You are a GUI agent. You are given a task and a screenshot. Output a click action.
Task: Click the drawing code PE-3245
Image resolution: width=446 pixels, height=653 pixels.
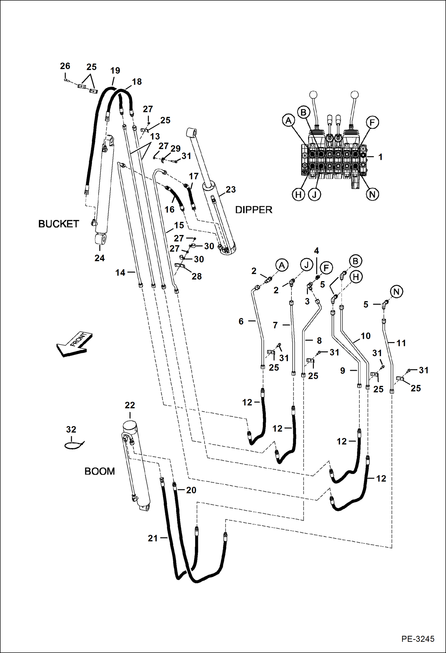pyautogui.click(x=417, y=639)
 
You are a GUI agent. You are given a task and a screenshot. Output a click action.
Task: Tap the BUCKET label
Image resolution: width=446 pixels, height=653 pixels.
pyautogui.click(x=59, y=224)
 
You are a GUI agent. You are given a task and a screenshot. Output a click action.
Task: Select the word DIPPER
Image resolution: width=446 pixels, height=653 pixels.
pyautogui.click(x=254, y=210)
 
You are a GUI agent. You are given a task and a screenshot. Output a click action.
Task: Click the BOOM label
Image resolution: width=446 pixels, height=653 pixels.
pyautogui.click(x=99, y=471)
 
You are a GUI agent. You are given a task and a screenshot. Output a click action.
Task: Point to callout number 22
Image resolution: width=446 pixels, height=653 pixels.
pyautogui.click(x=130, y=405)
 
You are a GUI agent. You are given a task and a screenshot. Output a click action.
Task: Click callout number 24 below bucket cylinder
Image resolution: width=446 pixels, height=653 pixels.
pyautogui.click(x=99, y=258)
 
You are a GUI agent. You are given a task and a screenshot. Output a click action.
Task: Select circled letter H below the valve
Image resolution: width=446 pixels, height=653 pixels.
pyautogui.click(x=298, y=195)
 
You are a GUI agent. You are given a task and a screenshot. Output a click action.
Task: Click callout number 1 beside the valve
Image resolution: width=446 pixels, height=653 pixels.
pyautogui.click(x=380, y=157)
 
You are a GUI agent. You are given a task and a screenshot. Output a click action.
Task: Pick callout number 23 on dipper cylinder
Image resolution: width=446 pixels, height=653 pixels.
pyautogui.click(x=230, y=190)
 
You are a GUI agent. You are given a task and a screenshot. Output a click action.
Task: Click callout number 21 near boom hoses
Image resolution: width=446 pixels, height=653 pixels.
pyautogui.click(x=153, y=538)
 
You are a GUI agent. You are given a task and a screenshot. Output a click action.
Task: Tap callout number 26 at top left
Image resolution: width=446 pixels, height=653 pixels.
pyautogui.click(x=65, y=66)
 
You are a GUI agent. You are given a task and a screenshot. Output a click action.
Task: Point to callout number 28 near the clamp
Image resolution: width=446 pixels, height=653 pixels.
pyautogui.click(x=197, y=276)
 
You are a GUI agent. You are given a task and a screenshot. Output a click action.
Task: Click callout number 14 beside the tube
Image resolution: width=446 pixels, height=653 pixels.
pyautogui.click(x=120, y=272)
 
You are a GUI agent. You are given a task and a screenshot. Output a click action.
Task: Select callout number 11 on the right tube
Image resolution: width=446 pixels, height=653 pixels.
pyautogui.click(x=401, y=343)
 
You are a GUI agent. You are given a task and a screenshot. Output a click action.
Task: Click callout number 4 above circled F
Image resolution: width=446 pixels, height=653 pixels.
pyautogui.click(x=316, y=251)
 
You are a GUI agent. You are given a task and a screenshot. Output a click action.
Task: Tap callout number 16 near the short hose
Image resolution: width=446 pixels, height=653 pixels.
pyautogui.click(x=169, y=210)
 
